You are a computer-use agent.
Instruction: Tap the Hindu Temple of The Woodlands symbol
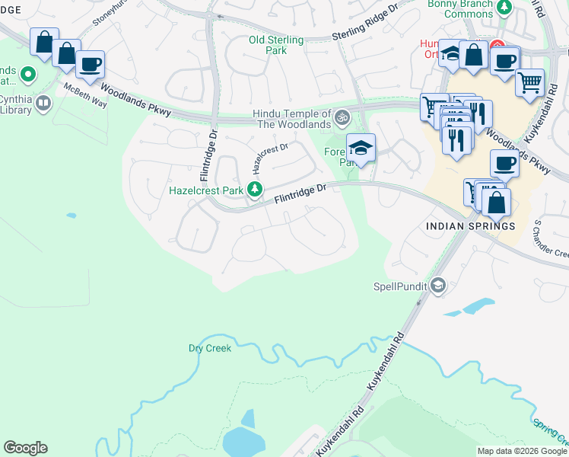tap(342, 118)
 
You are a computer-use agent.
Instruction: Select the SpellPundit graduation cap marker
tap(437, 286)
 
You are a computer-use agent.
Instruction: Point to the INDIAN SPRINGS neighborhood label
tap(470, 226)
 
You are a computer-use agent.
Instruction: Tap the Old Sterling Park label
tap(277, 45)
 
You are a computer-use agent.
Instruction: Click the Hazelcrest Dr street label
tap(270, 157)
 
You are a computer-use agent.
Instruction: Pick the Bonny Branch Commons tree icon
tap(504, 8)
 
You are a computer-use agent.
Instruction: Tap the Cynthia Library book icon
tap(43, 104)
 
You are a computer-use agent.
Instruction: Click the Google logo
tap(25, 448)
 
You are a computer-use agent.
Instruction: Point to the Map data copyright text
tap(521, 451)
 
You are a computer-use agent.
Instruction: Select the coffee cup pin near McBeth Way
tap(90, 64)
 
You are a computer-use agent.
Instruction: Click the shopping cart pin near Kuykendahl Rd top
tap(529, 81)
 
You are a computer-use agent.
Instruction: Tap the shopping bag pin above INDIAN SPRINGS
tap(496, 203)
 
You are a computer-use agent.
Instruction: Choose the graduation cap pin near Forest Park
tap(361, 147)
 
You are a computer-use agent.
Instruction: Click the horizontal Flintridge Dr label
tap(300, 193)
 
